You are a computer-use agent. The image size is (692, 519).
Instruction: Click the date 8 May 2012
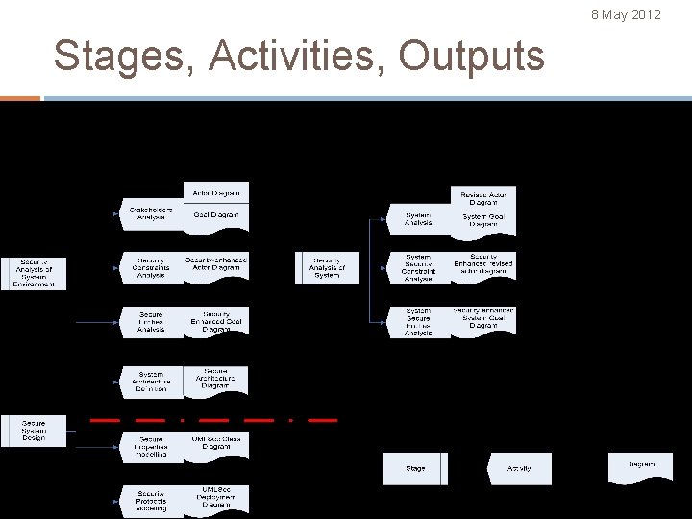pos(626,14)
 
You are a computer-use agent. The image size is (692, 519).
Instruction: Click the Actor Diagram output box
pos(216,192)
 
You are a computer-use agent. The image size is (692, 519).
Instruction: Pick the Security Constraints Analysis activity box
pos(150,267)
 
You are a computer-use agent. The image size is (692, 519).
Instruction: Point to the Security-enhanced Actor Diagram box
pos(216,264)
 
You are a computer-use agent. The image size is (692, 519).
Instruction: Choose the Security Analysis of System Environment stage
pos(34,273)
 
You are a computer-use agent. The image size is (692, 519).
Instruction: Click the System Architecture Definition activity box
pos(150,382)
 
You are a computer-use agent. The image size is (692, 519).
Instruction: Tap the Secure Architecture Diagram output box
pos(216,380)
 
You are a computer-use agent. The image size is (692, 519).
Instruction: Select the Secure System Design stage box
pos(34,431)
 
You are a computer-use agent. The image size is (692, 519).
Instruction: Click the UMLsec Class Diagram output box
pos(216,443)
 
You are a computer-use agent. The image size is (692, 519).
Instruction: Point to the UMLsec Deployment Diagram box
pos(216,497)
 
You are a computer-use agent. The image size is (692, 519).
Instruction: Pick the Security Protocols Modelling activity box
pos(150,500)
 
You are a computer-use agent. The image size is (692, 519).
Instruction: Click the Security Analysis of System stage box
pos(327,268)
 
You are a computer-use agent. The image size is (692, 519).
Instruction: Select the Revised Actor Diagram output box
pos(484,198)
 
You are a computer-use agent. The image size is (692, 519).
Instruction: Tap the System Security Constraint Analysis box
pos(418,268)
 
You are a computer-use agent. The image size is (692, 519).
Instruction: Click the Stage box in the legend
pos(415,468)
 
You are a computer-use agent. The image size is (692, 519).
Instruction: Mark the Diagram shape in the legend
pos(641,465)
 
